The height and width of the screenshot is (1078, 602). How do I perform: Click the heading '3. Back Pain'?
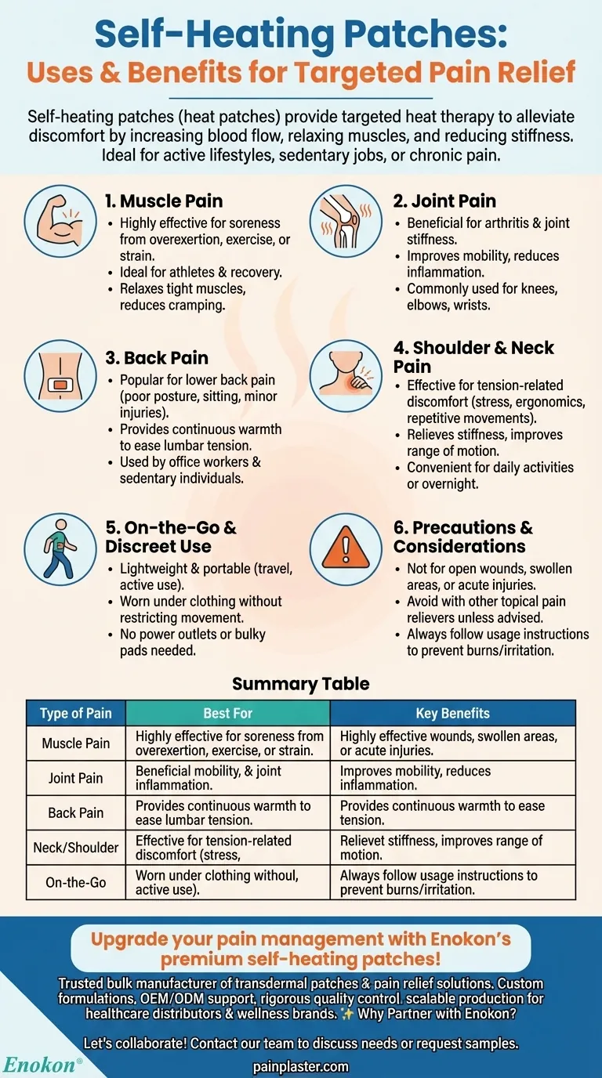click(156, 358)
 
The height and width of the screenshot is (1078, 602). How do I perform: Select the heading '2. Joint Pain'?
click(444, 201)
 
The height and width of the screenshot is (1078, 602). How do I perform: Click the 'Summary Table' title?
click(300, 684)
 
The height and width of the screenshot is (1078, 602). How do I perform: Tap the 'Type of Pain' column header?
click(76, 714)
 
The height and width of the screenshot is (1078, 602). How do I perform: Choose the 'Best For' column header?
click(227, 714)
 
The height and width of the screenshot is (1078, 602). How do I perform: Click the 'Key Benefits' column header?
click(452, 714)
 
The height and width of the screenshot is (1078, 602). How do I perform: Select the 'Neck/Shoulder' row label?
click(76, 848)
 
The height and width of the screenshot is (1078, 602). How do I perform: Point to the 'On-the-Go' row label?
click(76, 882)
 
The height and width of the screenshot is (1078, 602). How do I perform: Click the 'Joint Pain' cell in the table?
click(76, 778)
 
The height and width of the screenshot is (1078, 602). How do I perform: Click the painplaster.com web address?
click(301, 1066)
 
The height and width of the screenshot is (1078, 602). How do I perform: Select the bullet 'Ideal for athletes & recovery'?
click(201, 272)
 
